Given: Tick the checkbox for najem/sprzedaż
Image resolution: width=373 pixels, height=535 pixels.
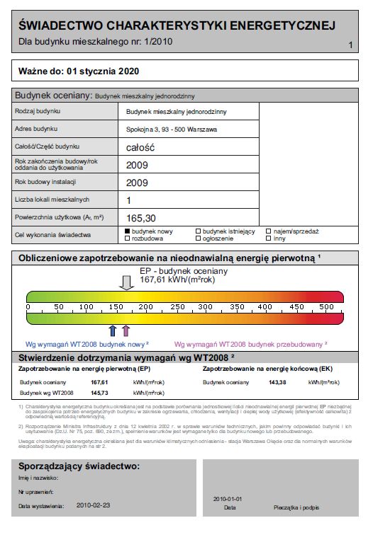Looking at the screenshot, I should (x=268, y=231).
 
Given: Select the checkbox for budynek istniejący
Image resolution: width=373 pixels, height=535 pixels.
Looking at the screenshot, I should (x=198, y=231).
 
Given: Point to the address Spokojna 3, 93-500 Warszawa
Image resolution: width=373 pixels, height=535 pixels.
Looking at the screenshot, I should (x=171, y=130).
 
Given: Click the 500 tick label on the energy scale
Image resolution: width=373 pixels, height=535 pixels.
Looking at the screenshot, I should (x=326, y=306).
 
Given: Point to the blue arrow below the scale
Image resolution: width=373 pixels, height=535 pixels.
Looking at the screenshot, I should (x=112, y=330).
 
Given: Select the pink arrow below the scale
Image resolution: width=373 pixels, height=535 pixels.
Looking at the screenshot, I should (x=126, y=330).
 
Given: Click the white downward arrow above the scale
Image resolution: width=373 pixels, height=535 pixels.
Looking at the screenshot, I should (x=126, y=283).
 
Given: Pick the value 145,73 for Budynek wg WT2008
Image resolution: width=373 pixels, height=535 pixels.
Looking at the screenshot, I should (x=99, y=392).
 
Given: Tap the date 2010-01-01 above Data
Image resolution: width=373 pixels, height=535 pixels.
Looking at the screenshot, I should (x=228, y=499).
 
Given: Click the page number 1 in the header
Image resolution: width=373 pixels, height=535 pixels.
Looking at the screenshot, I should (x=351, y=46).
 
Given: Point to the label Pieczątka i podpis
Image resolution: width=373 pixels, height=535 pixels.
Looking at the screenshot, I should (x=296, y=508).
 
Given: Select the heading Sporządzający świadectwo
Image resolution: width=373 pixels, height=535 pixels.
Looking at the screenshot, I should (x=79, y=467).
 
